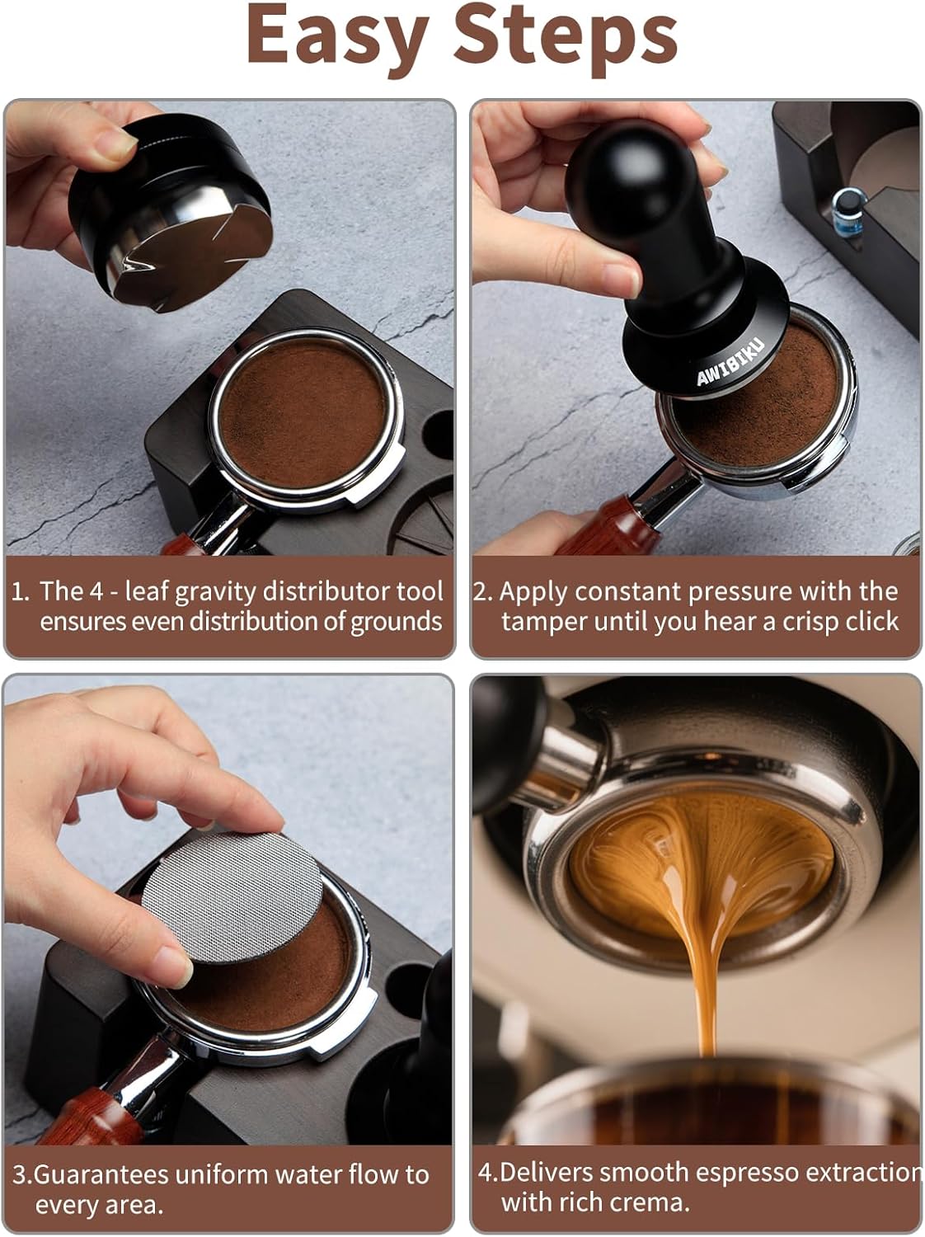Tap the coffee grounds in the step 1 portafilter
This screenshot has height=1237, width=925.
(x=305, y=412)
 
